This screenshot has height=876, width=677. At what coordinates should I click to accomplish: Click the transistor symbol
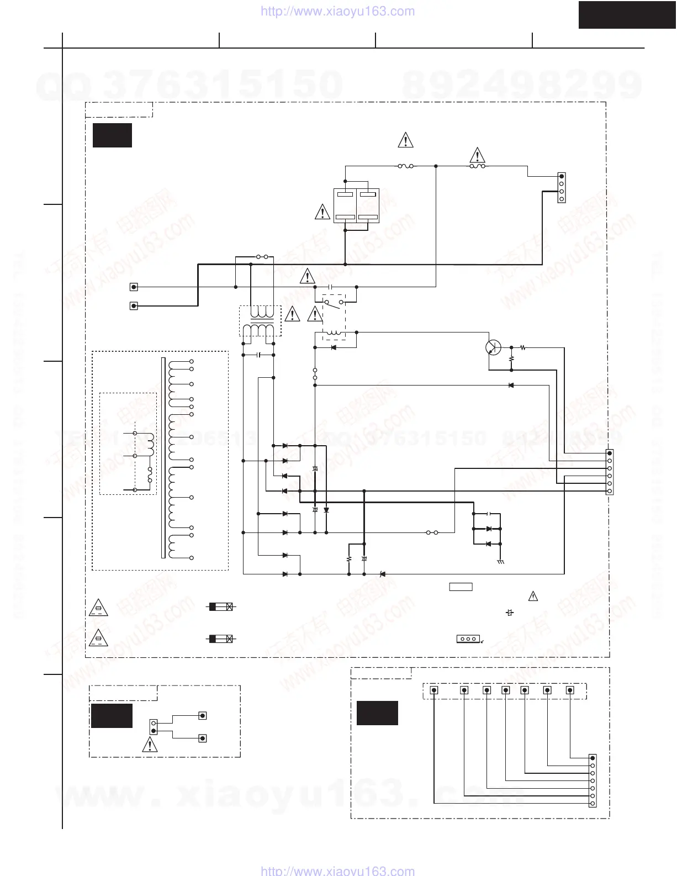click(493, 348)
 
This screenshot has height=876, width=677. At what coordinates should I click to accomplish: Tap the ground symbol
click(500, 561)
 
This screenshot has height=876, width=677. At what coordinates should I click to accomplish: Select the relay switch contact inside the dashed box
click(334, 303)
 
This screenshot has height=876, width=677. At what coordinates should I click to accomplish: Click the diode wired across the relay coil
click(334, 347)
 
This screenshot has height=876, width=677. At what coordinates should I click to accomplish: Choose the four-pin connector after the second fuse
click(562, 188)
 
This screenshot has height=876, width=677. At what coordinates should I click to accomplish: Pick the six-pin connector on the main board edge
click(610, 472)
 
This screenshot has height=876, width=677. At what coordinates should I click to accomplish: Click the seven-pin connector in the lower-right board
click(593, 780)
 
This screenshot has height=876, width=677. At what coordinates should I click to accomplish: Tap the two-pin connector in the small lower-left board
click(154, 727)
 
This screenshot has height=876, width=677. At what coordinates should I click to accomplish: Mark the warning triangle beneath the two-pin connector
click(149, 746)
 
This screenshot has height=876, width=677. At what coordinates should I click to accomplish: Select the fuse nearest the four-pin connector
click(477, 166)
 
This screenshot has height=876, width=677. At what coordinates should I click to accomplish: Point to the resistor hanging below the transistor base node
click(511, 358)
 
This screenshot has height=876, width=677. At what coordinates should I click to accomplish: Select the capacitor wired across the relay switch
click(330, 287)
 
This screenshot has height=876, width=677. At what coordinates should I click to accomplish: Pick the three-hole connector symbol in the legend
click(468, 639)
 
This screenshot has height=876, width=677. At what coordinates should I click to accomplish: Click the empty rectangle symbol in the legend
click(461, 587)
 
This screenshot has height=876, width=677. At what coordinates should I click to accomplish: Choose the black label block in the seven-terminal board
click(377, 713)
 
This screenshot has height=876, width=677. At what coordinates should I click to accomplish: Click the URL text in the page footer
click(337, 870)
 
